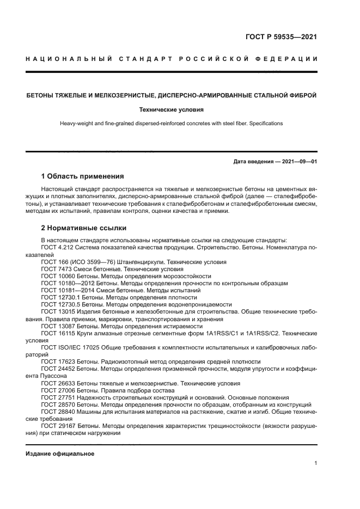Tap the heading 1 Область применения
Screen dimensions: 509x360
[83, 176]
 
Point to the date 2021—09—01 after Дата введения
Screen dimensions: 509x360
[299, 162]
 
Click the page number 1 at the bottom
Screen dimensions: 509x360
[316, 463]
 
